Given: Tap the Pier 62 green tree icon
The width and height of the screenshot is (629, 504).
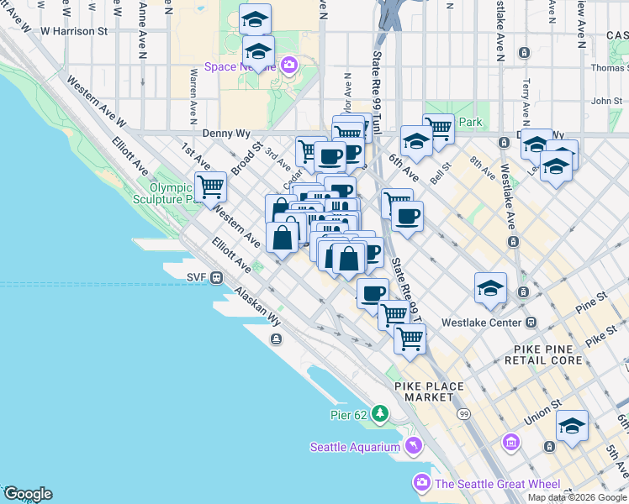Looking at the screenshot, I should tap(381, 413).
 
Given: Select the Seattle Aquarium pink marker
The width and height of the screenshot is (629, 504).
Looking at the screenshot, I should tap(413, 446).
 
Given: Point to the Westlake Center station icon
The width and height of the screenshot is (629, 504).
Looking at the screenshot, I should tap(531, 322).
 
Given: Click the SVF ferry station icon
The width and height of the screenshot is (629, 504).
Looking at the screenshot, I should tap(216, 276).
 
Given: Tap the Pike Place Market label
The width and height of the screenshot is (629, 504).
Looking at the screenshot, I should tap(428, 391).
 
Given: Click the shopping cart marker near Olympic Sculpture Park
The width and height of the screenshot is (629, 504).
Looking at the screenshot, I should tap(210, 186).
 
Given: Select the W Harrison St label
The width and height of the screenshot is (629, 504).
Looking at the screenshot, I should tap(74, 31).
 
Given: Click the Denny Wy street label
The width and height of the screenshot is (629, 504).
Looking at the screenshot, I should tap(226, 134).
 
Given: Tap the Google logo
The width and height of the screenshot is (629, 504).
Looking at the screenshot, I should tap(27, 494).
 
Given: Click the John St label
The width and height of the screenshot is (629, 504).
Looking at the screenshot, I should tap(605, 102).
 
